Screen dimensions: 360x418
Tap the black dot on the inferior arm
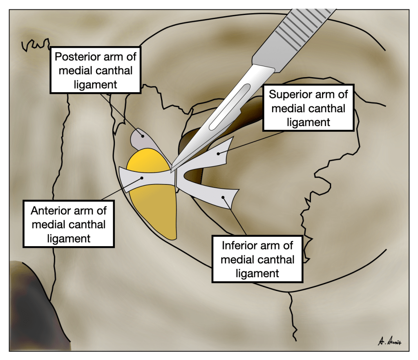pyautogui.click(x=223, y=197)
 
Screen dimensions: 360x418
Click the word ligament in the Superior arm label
pyautogui.click(x=308, y=122)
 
